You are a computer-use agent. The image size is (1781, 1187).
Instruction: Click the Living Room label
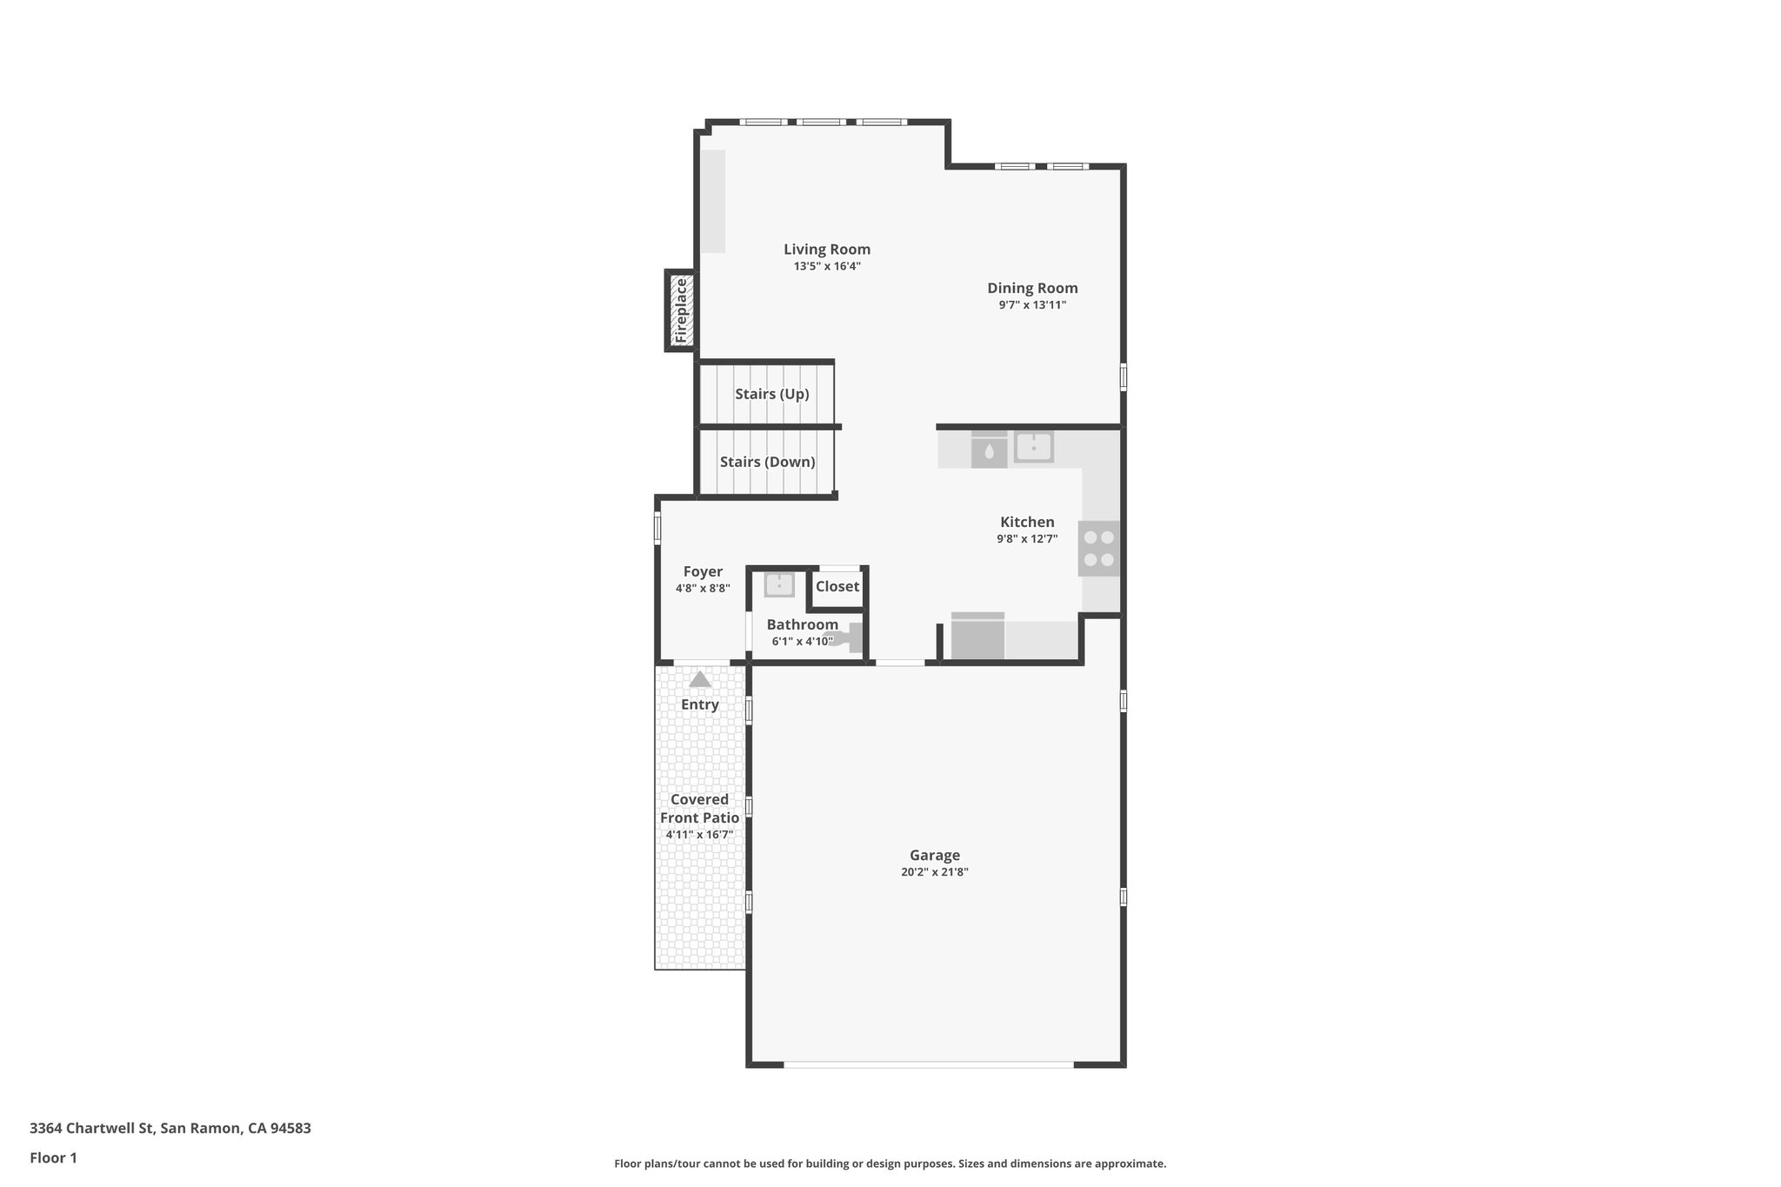point(826,250)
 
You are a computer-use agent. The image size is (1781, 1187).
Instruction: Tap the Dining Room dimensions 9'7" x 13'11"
point(1032,305)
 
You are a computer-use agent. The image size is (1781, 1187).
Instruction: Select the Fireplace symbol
point(681,310)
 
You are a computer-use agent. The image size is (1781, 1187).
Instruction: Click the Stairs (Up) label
point(771,394)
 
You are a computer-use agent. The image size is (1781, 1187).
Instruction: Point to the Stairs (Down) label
point(767,462)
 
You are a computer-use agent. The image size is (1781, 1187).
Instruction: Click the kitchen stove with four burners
point(1099,549)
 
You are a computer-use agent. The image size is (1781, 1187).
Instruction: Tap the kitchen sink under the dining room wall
point(1034,448)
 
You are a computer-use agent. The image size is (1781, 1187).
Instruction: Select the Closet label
point(837,586)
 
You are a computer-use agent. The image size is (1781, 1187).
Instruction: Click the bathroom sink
point(779,584)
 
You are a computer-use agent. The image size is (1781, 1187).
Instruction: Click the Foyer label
point(703,571)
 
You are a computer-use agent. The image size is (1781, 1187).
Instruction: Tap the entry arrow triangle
point(700,680)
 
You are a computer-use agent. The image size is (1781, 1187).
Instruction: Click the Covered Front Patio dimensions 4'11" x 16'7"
point(699,835)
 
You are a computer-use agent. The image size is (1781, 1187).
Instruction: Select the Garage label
point(935,855)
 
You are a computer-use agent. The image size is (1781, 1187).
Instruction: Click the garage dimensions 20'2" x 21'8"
point(935,872)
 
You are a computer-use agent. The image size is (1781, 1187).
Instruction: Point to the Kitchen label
point(1027,522)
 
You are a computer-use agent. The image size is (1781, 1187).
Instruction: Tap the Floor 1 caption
point(53,1158)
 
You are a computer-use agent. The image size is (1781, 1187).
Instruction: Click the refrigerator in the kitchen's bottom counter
point(977,637)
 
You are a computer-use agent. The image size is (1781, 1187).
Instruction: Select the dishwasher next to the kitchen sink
point(989,450)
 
